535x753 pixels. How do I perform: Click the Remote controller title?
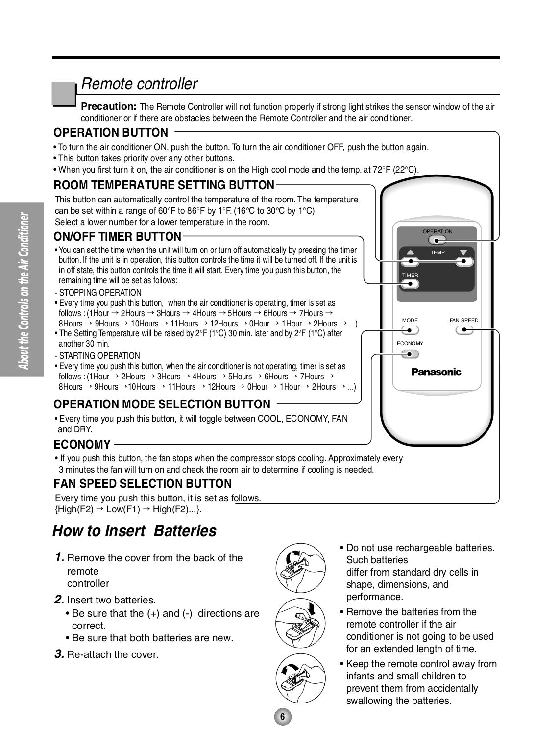coord(139,84)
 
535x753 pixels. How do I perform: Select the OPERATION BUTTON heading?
coord(111,133)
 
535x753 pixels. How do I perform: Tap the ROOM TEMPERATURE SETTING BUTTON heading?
coord(164,185)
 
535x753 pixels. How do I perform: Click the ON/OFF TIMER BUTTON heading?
coord(117,237)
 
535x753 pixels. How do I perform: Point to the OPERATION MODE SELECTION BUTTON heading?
coord(162,404)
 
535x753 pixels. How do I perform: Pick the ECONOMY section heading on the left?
coord(82,445)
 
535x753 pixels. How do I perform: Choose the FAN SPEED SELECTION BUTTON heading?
coord(143,484)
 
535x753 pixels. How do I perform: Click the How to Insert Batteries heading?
coord(134,531)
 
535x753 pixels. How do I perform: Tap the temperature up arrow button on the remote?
coord(410,261)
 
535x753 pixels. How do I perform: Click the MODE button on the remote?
coord(410,330)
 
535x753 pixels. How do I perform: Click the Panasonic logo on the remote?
coord(436,372)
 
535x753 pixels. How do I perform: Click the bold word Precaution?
coord(108,106)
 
